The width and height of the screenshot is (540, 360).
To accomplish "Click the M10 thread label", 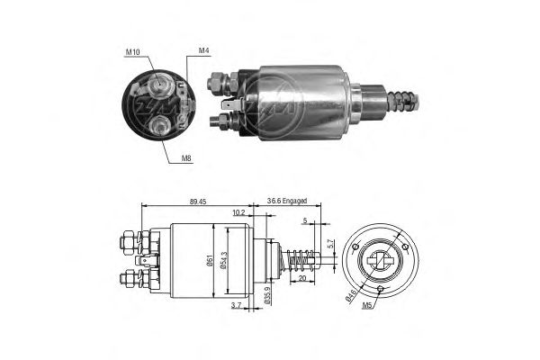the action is pos(132,52).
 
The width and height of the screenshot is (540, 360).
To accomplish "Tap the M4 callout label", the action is pos(204,50).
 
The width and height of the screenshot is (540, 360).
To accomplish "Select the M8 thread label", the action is pos(186,158).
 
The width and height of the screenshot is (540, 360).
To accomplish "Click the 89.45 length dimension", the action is pos(198,202).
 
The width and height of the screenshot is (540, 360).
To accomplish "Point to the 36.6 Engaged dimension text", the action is pos(287,201).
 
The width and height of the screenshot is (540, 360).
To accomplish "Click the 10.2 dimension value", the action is pos(238,212).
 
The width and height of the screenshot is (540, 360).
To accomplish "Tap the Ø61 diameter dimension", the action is pos(209,260).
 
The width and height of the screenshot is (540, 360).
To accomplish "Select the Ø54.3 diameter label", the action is pos(222,261).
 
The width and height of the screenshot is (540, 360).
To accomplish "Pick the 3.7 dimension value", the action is pos(236,305).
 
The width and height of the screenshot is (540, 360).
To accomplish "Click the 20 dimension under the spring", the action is pos(302,278).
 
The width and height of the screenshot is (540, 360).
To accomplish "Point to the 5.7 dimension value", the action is pos(329,244).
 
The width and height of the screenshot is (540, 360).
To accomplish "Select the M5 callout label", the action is pos(367,305).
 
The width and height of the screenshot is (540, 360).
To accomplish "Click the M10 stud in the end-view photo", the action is pos(159,84).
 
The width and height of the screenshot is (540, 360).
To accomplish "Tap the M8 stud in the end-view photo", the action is pos(160,124).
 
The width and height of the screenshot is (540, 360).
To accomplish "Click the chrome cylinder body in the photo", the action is pos(304,103).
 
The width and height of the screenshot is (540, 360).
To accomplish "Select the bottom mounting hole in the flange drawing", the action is pos(380,289).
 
